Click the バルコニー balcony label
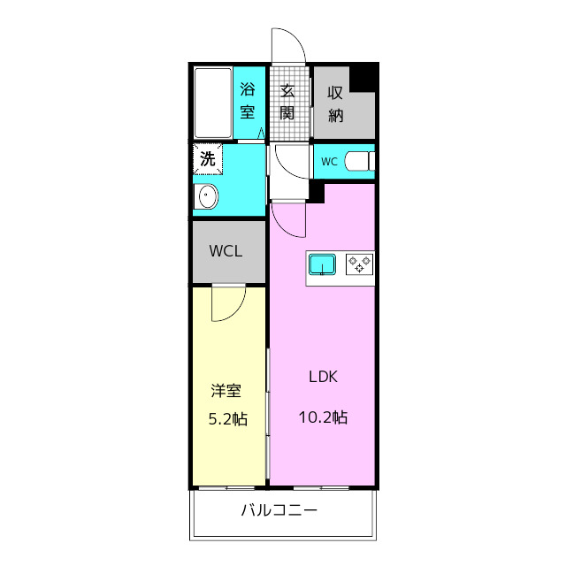click(279, 510)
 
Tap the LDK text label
click(323, 377)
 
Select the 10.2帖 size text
click(323, 417)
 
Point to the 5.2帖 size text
click(228, 419)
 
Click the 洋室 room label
click(226, 391)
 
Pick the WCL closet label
click(226, 251)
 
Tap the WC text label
click(329, 162)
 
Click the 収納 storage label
click(335, 104)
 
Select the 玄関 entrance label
click(287, 103)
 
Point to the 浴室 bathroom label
click(248, 100)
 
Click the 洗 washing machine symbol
click(208, 159)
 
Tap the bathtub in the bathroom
click(213, 103)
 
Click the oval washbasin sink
click(206, 196)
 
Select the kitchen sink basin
click(322, 264)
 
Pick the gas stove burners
click(360, 264)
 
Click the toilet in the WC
click(360, 161)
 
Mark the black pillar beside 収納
click(363, 78)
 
